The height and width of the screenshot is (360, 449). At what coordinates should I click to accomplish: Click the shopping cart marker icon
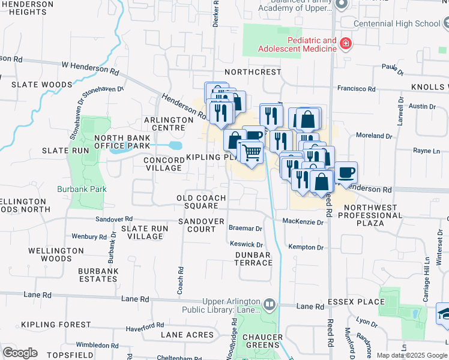pyautogui.click(x=252, y=152)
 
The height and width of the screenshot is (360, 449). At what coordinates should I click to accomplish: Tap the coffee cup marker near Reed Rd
pyautogui.click(x=345, y=173)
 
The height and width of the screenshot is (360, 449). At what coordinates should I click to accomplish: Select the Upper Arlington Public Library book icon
pyautogui.click(x=269, y=305)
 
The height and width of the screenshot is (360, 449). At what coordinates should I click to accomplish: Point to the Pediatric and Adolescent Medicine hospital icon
pyautogui.click(x=345, y=44)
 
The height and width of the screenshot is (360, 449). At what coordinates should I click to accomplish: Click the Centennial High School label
pyautogui.click(x=397, y=23)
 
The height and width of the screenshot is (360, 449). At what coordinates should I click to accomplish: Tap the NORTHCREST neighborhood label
pyautogui.click(x=253, y=72)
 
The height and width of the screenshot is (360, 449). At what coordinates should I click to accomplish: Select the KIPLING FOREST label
pyautogui.click(x=47, y=325)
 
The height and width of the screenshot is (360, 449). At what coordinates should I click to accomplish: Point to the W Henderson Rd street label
pyautogui.click(x=89, y=67)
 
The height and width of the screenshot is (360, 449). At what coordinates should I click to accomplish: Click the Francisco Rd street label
pyautogui.click(x=356, y=88)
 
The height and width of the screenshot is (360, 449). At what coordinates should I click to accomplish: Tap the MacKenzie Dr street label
pyautogui.click(x=303, y=222)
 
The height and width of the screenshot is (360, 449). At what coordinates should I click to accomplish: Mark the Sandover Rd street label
pyautogui.click(x=118, y=221)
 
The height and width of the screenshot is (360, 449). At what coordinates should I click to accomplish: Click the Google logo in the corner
pyautogui.click(x=20, y=353)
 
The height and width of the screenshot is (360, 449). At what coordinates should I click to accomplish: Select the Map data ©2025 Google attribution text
pyautogui.click(x=411, y=355)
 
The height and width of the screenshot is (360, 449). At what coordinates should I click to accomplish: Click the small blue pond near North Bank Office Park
pyautogui.click(x=175, y=146)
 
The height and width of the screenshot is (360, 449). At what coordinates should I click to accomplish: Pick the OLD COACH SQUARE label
pyautogui.click(x=201, y=202)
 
